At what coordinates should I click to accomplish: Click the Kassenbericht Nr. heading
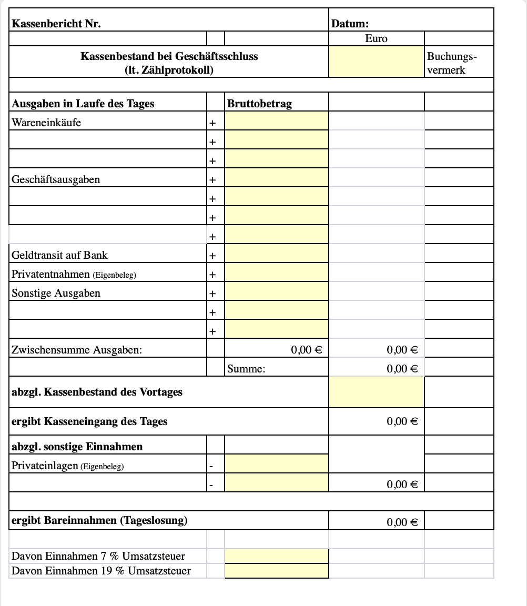56,24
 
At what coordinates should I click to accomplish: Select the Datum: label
350,24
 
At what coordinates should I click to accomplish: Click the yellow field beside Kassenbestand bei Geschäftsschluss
376,62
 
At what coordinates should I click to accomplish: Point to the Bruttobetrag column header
259,104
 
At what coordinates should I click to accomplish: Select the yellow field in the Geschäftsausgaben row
276,179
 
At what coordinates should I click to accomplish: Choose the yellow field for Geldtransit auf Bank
276,255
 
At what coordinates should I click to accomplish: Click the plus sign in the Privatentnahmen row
212,275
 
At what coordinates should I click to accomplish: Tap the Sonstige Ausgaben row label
56,293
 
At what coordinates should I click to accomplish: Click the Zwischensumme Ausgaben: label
77,350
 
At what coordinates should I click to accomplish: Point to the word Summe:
246,369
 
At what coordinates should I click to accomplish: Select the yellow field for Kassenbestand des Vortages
376,392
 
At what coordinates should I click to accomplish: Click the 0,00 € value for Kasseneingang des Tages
402,421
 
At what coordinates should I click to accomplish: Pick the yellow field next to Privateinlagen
276,464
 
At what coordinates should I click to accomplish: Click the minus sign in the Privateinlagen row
211,466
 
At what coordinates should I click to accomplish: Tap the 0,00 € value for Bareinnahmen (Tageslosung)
402,522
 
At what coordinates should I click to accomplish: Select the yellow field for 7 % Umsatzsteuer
276,556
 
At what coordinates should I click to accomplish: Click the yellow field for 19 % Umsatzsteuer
276,571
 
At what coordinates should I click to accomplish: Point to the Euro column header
376,39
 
